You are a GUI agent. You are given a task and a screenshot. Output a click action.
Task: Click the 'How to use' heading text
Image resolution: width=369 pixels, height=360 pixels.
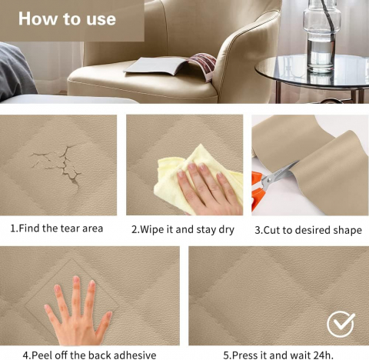(x=67, y=18)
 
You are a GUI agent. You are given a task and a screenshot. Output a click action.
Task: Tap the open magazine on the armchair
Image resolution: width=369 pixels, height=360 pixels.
(x=170, y=66)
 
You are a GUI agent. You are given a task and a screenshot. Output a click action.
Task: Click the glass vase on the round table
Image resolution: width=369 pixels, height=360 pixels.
(x=322, y=36)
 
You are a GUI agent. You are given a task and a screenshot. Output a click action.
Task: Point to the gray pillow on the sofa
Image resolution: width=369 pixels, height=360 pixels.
(x=15, y=72)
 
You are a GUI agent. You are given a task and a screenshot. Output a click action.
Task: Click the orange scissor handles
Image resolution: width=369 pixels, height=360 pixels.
(x=257, y=191)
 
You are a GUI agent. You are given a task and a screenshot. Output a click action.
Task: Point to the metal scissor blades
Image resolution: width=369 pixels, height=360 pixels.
(x=281, y=175)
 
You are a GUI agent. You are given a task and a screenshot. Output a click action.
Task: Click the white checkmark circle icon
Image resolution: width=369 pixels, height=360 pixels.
(x=341, y=325)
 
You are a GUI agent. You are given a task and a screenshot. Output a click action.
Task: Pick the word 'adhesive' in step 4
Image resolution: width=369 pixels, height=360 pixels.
(x=135, y=355)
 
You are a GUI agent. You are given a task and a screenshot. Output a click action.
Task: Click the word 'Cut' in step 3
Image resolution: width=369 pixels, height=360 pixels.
(x=272, y=230)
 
